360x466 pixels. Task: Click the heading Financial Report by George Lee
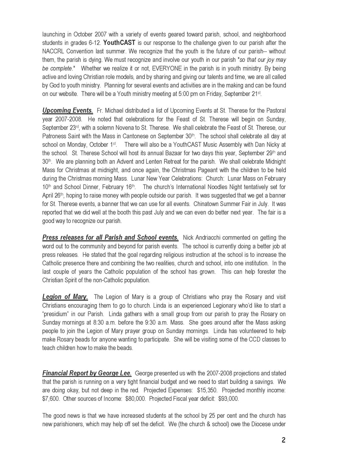[x=87, y=373]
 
